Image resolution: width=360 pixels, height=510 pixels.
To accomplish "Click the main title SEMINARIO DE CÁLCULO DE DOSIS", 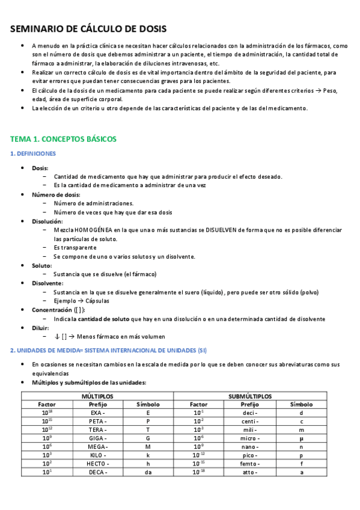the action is (x=89, y=29).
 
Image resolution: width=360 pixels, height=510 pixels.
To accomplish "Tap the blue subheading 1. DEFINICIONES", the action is (x=33, y=153).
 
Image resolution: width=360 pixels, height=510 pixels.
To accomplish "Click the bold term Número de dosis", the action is (x=55, y=195).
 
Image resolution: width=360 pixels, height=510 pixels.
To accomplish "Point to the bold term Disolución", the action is (x=47, y=221).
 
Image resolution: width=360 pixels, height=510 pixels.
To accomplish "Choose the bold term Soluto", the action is (x=41, y=265).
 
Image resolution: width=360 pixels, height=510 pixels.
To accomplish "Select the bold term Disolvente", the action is (x=47, y=283).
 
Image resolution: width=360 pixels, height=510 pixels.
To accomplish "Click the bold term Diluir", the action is (x=40, y=328).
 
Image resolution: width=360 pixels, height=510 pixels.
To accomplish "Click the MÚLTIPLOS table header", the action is (x=97, y=396).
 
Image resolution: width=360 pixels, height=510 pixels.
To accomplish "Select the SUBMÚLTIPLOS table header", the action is (x=250, y=396).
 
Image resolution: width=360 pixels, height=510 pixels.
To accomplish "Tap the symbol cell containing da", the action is (x=148, y=472).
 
